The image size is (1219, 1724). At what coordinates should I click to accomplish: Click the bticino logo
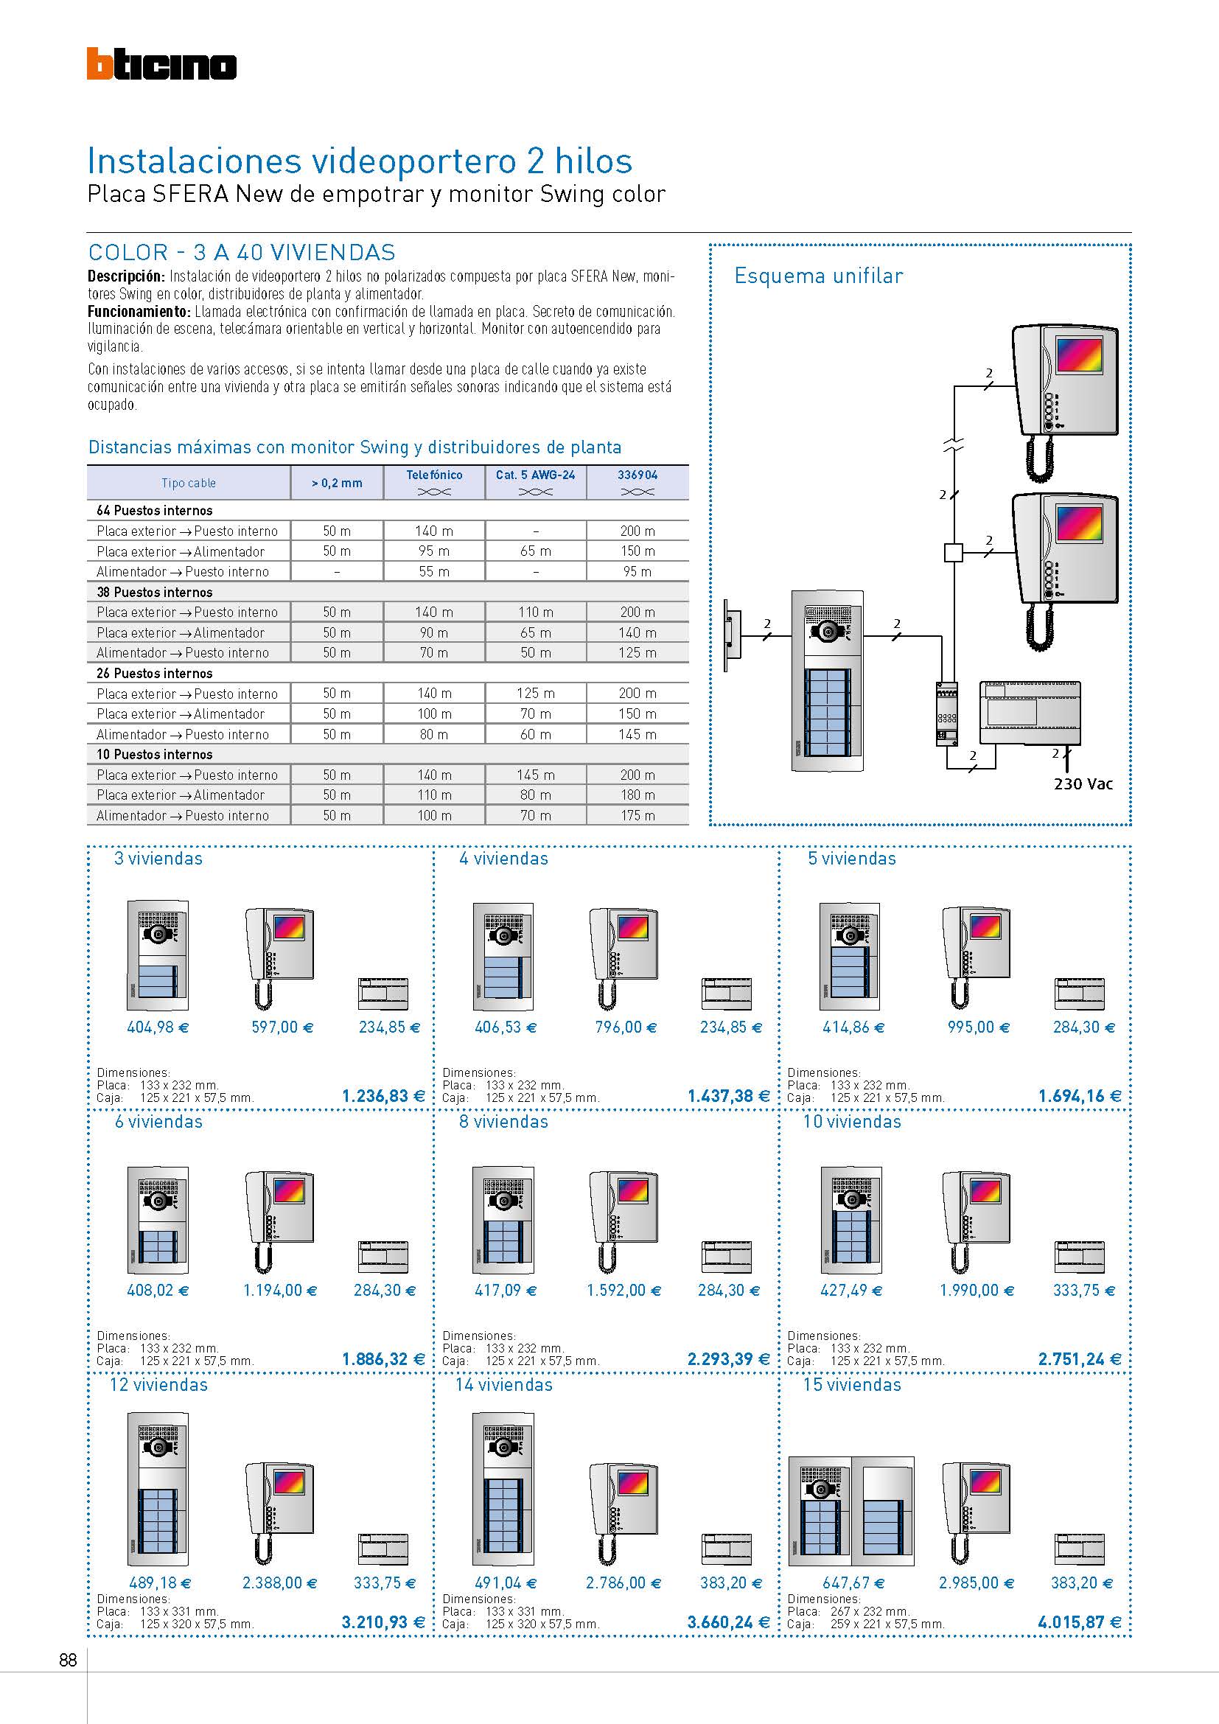pyautogui.click(x=161, y=65)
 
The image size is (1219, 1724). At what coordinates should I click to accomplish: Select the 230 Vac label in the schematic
pyautogui.click(x=1083, y=784)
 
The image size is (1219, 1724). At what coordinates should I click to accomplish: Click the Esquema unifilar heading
pyautogui.click(x=818, y=276)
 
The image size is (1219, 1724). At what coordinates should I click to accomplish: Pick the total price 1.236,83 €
pyautogui.click(x=383, y=1096)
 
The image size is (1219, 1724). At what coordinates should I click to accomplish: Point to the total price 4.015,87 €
pyautogui.click(x=1080, y=1622)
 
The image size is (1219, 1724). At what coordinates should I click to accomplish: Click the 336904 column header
pyautogui.click(x=638, y=475)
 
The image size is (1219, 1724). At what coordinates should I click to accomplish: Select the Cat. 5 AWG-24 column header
pyautogui.click(x=535, y=475)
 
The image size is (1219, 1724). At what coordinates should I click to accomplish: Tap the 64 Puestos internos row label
pyautogui.click(x=155, y=511)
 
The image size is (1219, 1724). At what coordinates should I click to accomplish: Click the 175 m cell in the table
pyautogui.click(x=638, y=815)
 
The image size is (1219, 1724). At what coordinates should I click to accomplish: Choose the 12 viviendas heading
pyautogui.click(x=158, y=1385)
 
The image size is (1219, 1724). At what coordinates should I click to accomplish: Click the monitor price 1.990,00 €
pyautogui.click(x=977, y=1291)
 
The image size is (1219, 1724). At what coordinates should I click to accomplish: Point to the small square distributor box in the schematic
pyautogui.click(x=952, y=554)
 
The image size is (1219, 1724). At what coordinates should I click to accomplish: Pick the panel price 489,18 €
pyautogui.click(x=160, y=1582)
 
